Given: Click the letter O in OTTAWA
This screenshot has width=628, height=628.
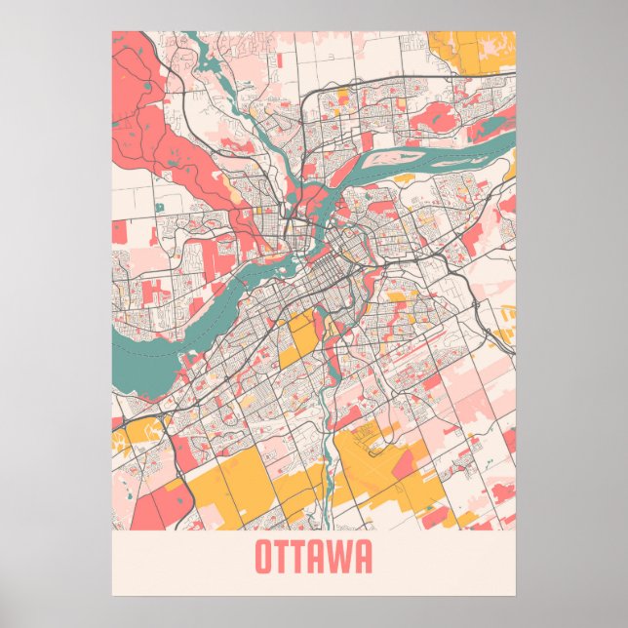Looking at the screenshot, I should tap(264, 558).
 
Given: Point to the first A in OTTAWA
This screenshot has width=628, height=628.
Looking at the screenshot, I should tap(325, 558).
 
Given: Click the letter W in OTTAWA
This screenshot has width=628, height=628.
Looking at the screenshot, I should tap(344, 558).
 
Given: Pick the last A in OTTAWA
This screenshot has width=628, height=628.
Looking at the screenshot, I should tap(364, 558).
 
